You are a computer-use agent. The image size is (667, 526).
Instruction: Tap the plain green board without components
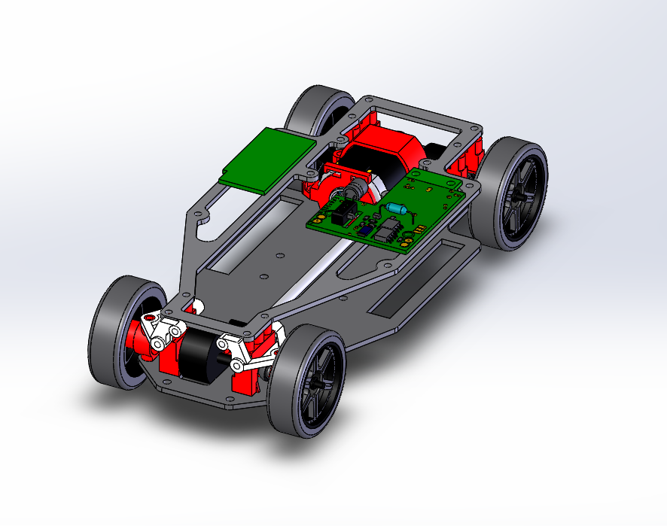[269, 159]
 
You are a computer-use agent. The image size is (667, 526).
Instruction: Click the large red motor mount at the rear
[388, 151]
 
